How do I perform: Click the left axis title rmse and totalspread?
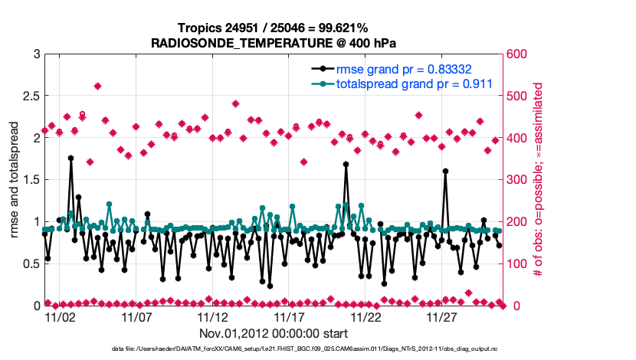tap(15, 180)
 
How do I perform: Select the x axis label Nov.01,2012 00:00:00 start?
tap(273, 334)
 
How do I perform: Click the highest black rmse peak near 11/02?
tap(70, 158)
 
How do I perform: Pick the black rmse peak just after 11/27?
tap(445, 171)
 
